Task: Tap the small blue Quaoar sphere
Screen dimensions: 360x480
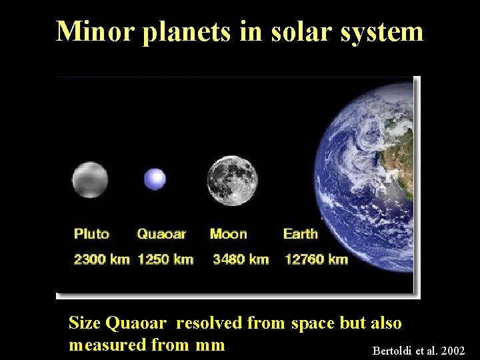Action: click(x=155, y=179)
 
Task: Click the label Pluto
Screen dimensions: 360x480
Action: click(x=91, y=234)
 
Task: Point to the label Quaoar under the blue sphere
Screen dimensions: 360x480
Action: click(x=161, y=234)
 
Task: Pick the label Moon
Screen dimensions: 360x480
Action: click(x=228, y=234)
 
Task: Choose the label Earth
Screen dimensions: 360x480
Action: click(x=301, y=234)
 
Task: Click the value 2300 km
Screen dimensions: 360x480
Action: click(x=101, y=259)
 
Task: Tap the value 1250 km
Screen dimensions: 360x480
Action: click(x=165, y=259)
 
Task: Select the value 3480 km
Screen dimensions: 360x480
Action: click(x=241, y=259)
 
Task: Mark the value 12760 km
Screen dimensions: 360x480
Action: click(x=317, y=259)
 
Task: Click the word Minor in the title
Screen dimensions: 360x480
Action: click(x=96, y=31)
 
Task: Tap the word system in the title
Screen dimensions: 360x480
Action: click(x=381, y=32)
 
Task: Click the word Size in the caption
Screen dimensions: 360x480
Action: click(x=85, y=323)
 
